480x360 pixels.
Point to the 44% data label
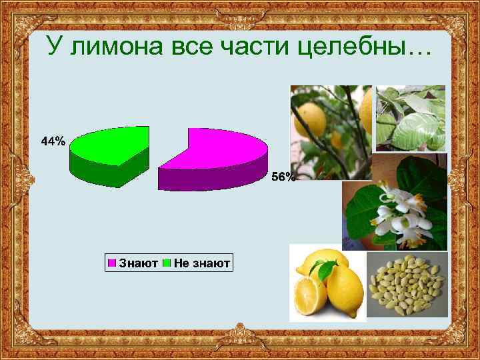point(53,141)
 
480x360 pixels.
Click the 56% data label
point(283,177)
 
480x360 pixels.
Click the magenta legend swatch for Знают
point(113,264)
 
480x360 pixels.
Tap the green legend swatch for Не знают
point(168,264)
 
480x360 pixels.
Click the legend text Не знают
point(202,264)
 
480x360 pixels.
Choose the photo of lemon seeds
point(407,287)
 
